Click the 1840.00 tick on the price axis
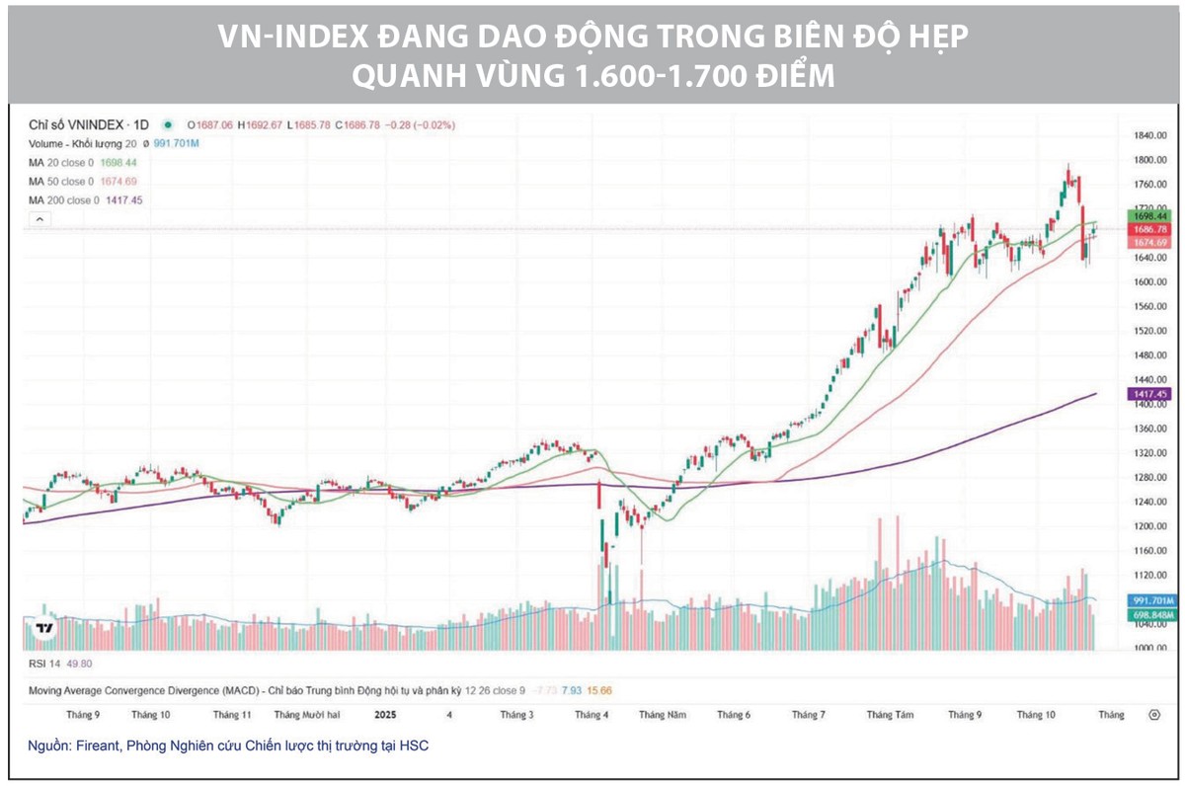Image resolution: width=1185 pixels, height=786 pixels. [x=1149, y=135]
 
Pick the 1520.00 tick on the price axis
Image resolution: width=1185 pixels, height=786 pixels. [x=1149, y=331]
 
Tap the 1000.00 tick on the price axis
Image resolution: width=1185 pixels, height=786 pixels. [x=1149, y=648]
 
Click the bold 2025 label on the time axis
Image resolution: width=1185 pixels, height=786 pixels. [x=385, y=714]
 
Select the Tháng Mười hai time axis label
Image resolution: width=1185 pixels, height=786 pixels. [x=307, y=714]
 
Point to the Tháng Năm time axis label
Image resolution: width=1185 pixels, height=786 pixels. [x=662, y=714]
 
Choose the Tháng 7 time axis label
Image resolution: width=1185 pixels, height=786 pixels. [x=809, y=714]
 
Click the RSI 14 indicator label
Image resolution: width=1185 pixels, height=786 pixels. [x=46, y=665]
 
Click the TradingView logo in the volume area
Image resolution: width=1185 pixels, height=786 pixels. [x=44, y=629]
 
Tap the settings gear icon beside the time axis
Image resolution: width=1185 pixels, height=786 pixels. [x=1153, y=714]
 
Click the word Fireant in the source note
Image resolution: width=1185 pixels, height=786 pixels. [x=99, y=747]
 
